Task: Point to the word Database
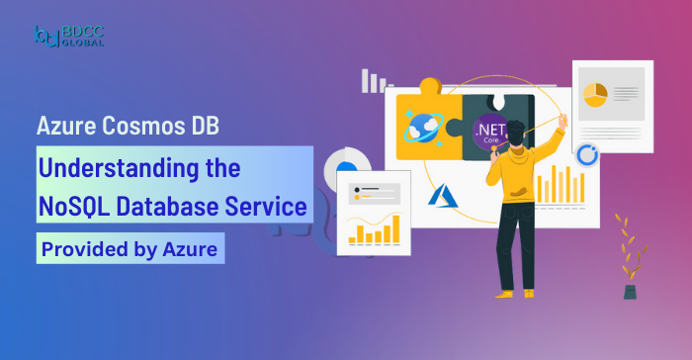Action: pyautogui.click(x=179, y=207)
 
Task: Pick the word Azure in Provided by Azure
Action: pyautogui.click(x=192, y=249)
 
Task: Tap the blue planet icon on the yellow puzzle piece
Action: pyautogui.click(x=422, y=128)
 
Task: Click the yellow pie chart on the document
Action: pyautogui.click(x=594, y=95)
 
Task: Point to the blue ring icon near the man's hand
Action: pyautogui.click(x=586, y=155)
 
